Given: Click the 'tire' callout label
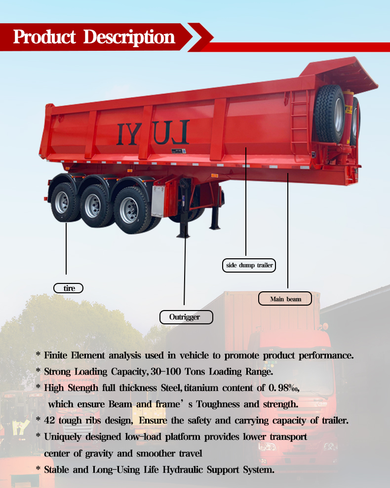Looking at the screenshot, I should [x=69, y=288].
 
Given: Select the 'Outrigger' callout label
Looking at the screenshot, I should [x=186, y=317].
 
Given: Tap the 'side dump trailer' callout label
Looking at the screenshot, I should [x=249, y=265].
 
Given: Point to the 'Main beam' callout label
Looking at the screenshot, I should [x=285, y=299].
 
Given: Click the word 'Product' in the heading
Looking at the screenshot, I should [x=45, y=37].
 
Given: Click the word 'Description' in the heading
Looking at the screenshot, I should [x=129, y=37].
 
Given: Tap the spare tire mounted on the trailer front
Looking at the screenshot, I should [x=330, y=113].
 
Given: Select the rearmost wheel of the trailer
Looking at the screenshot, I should [x=63, y=202].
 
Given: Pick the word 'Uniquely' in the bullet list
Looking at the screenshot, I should [x=61, y=437].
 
